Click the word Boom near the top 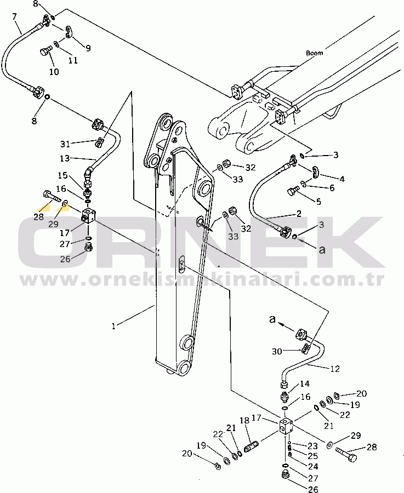315,53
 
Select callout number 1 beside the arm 113,326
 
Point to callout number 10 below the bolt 54,72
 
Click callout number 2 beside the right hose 299,213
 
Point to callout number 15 63,175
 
